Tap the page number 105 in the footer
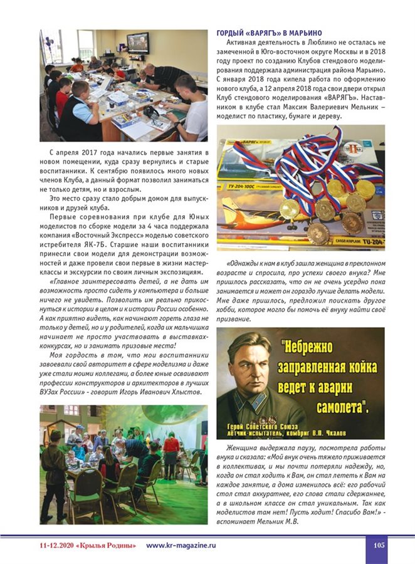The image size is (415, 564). tap(379, 545)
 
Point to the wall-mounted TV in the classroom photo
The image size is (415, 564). tap(138, 43)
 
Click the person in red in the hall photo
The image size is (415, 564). tap(171, 447)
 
